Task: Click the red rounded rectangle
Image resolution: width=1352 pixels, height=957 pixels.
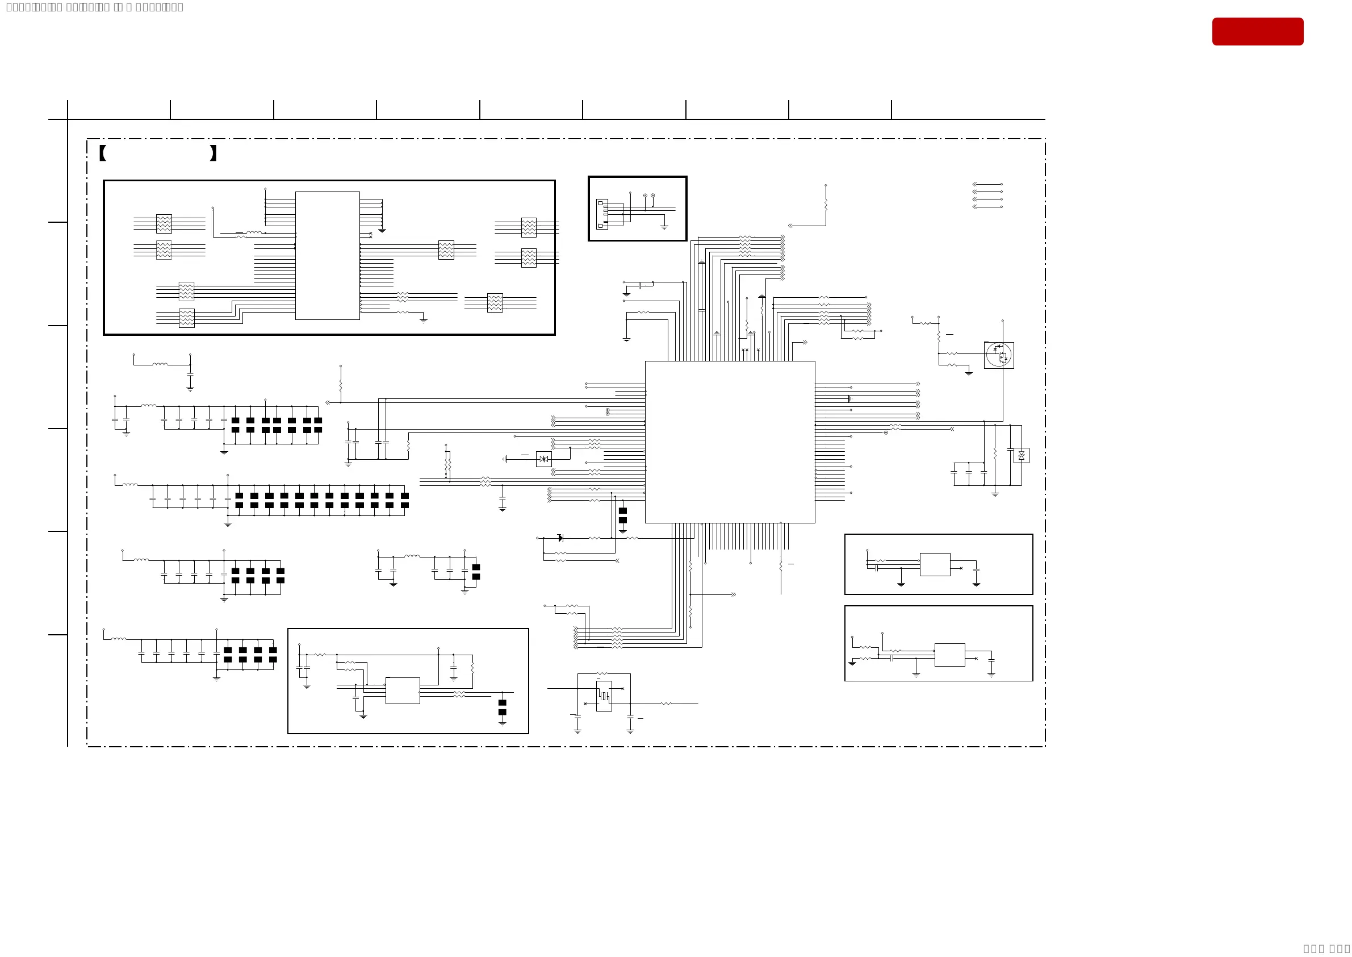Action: tap(1257, 31)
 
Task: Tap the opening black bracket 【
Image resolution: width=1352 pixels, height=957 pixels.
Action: tap(102, 153)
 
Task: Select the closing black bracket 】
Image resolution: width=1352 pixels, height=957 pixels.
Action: tap(213, 153)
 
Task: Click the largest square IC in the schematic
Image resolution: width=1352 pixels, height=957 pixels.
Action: tap(730, 442)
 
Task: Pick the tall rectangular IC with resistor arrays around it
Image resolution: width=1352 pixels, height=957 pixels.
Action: tap(328, 256)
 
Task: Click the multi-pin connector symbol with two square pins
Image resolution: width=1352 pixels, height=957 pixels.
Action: tap(601, 214)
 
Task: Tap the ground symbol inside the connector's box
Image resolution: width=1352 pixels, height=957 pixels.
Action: tap(664, 227)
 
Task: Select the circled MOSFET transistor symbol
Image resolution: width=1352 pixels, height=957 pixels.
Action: tap(998, 355)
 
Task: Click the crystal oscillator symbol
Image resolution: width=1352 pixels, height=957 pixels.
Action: tap(604, 696)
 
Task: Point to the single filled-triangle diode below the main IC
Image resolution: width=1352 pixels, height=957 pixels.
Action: tap(560, 538)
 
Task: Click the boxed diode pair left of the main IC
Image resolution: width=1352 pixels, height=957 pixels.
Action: tap(543, 459)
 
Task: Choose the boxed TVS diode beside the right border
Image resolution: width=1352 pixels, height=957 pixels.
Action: tap(1021, 456)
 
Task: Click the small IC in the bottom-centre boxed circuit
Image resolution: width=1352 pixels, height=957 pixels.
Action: tap(402, 690)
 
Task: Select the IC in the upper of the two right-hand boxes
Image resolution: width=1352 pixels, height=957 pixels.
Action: tap(935, 564)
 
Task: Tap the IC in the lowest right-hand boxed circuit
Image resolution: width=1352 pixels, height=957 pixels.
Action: tap(949, 655)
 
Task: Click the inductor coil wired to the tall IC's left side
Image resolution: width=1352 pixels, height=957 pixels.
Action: tap(254, 233)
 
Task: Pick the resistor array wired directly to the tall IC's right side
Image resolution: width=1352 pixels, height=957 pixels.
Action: tap(446, 250)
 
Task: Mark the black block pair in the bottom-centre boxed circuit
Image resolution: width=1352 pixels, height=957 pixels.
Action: tap(503, 707)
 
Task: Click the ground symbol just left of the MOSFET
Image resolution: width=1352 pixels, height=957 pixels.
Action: tap(969, 373)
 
